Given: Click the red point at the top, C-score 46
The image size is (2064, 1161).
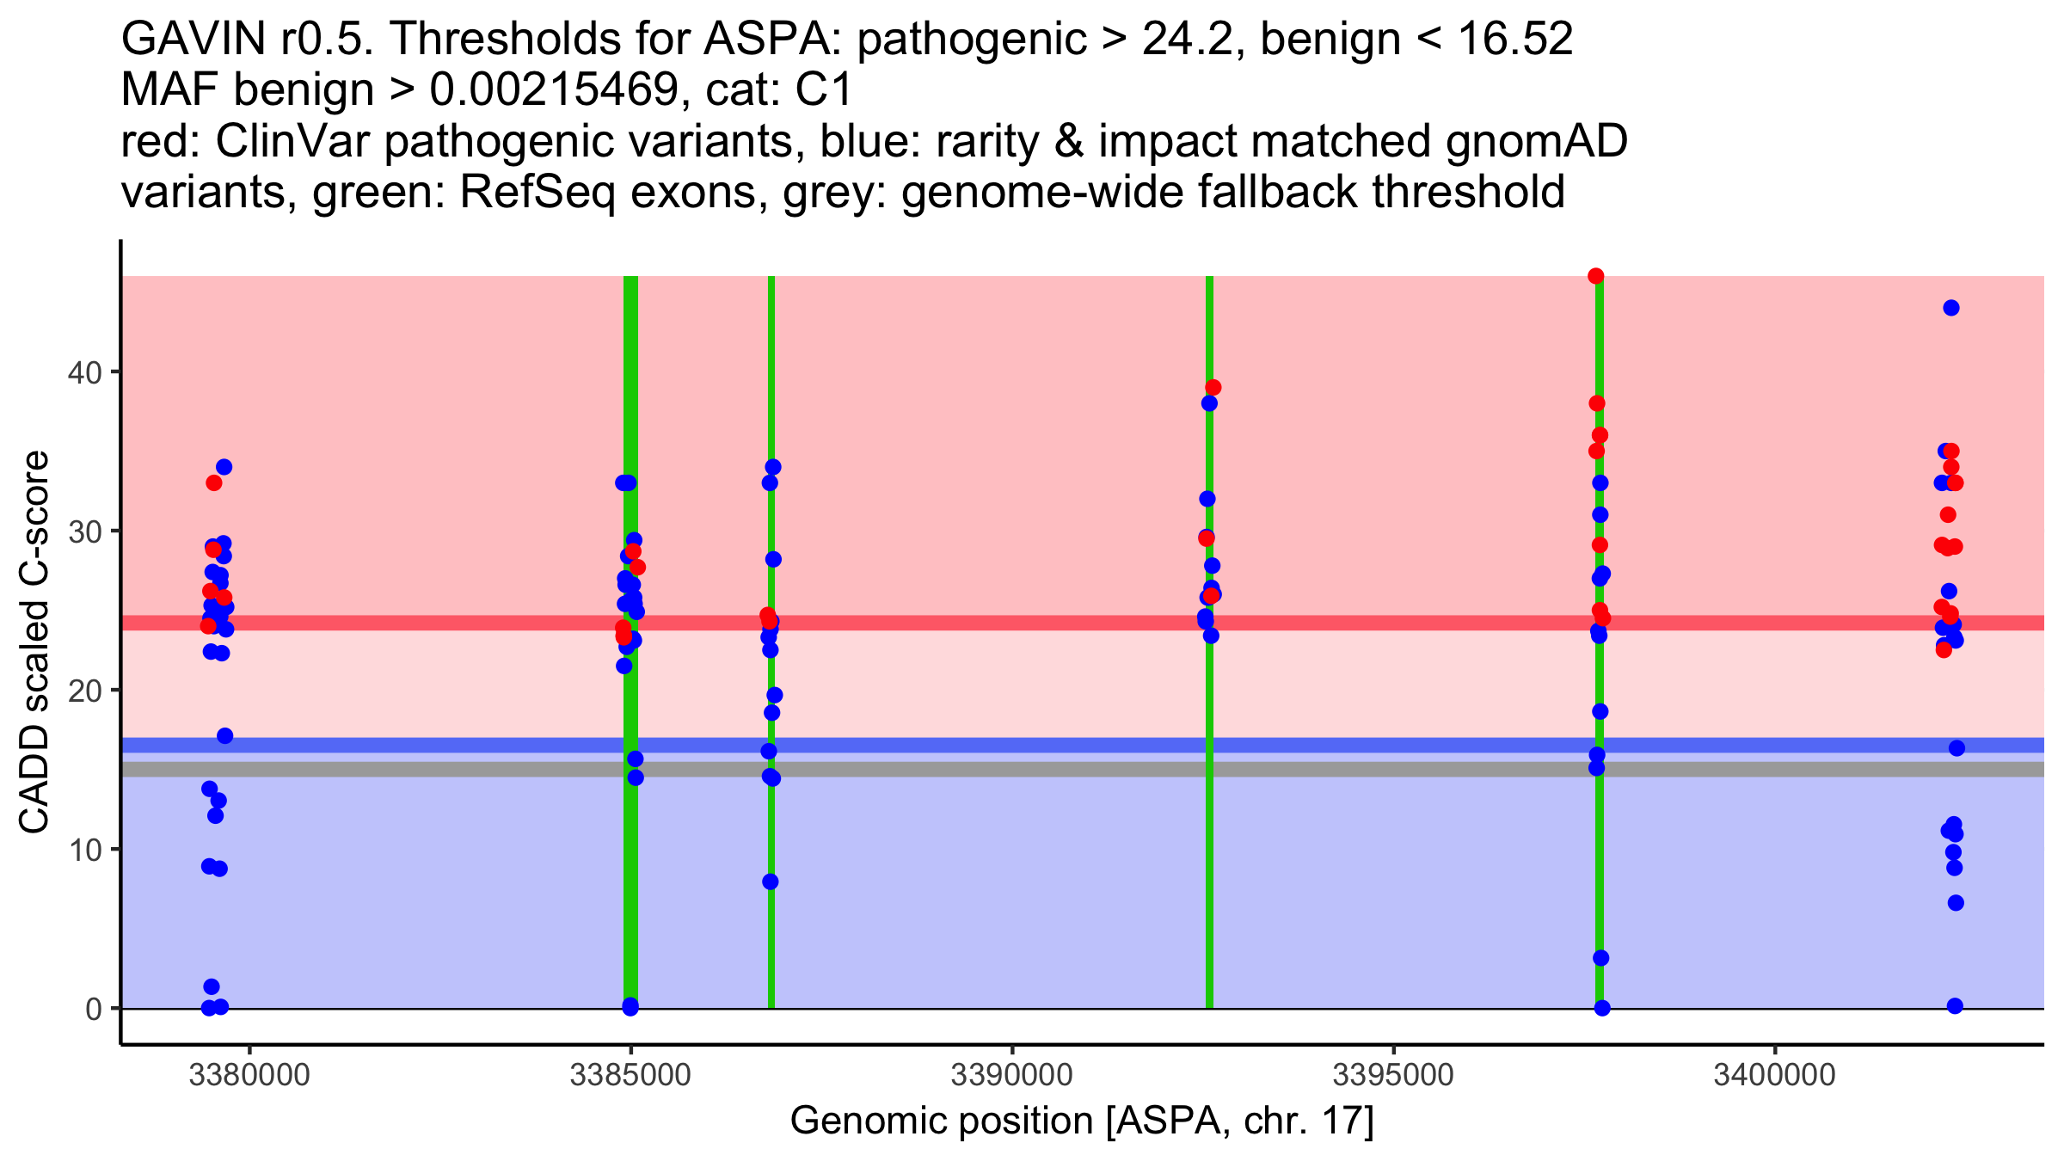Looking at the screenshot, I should [1596, 276].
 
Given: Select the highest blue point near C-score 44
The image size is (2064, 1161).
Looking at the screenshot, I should [1951, 308].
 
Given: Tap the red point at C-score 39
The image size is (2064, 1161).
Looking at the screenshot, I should [1213, 387].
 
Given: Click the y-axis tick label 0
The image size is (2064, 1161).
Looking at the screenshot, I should [93, 1009].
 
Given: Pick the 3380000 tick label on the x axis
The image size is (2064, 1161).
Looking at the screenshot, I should [249, 1076].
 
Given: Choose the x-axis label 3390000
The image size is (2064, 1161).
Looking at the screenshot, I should [1011, 1076].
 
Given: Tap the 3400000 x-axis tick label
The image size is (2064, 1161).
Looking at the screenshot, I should [1774, 1076].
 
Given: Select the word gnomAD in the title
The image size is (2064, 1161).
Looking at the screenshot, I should [1536, 142].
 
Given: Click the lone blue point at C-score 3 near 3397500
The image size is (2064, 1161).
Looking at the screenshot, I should [1600, 958].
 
